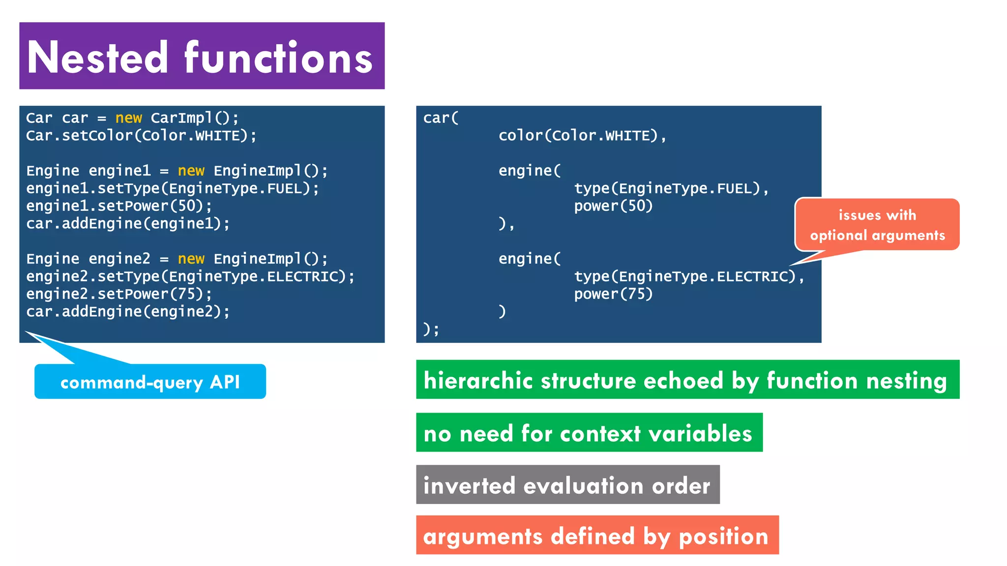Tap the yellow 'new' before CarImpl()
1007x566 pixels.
(x=128, y=118)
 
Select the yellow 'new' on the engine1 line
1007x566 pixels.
(x=191, y=171)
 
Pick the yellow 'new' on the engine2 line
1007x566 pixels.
(x=191, y=259)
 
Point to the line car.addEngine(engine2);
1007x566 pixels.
(x=128, y=311)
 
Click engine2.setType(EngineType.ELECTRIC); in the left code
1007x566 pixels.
(x=190, y=277)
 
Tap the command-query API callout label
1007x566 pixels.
(x=150, y=382)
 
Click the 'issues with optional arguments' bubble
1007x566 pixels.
(x=877, y=225)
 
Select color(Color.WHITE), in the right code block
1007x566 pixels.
(x=582, y=136)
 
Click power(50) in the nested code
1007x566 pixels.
(x=613, y=206)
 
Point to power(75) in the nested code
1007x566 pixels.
(x=613, y=294)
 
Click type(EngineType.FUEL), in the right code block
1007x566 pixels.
(x=671, y=188)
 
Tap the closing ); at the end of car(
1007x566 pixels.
(x=431, y=329)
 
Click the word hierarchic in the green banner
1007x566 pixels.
(x=478, y=380)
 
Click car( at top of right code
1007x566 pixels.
(x=441, y=118)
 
